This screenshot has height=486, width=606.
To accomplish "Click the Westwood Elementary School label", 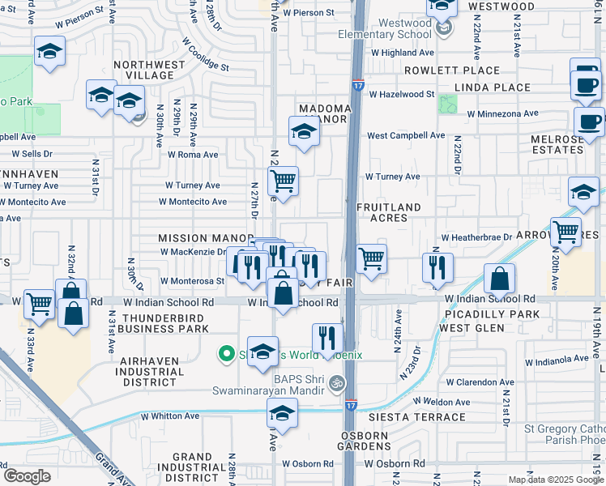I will point(394,29).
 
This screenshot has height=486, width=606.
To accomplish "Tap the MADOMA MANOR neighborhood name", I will point(324,113).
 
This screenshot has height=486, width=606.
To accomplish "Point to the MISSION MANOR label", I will point(195,238).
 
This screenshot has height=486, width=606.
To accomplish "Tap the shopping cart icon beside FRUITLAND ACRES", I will point(371,259).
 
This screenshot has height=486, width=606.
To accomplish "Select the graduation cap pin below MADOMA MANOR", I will point(303,131).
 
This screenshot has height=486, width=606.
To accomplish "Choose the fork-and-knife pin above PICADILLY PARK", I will point(437,268).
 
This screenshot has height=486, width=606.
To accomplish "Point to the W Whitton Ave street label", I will point(169,416).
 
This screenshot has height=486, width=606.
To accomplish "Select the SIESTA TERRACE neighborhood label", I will point(418,417).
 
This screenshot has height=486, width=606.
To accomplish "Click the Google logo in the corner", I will point(27,476).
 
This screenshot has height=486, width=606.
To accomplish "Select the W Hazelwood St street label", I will point(401,95).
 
